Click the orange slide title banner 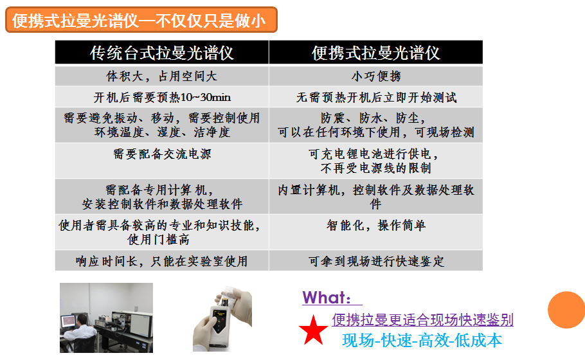pyautogui.click(x=141, y=20)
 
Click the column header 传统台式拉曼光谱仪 pyautogui.click(x=161, y=53)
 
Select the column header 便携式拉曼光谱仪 pyautogui.click(x=375, y=53)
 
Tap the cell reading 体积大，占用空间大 pyautogui.click(x=161, y=76)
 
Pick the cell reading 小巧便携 pyautogui.click(x=375, y=76)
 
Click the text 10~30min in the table pyautogui.click(x=207, y=98)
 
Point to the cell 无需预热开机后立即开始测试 pyautogui.click(x=375, y=98)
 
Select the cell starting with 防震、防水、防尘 pyautogui.click(x=375, y=125)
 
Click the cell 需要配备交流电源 pyautogui.click(x=161, y=154)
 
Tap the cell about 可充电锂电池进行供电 pyautogui.click(x=375, y=161)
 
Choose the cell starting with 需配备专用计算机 pyautogui.click(x=161, y=197)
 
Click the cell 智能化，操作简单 pyautogui.click(x=375, y=226)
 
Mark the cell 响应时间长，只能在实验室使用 pyautogui.click(x=161, y=261)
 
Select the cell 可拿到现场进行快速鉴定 pyautogui.click(x=375, y=261)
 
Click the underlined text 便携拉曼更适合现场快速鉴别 pyautogui.click(x=422, y=319)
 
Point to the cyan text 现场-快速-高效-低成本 pyautogui.click(x=422, y=340)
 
